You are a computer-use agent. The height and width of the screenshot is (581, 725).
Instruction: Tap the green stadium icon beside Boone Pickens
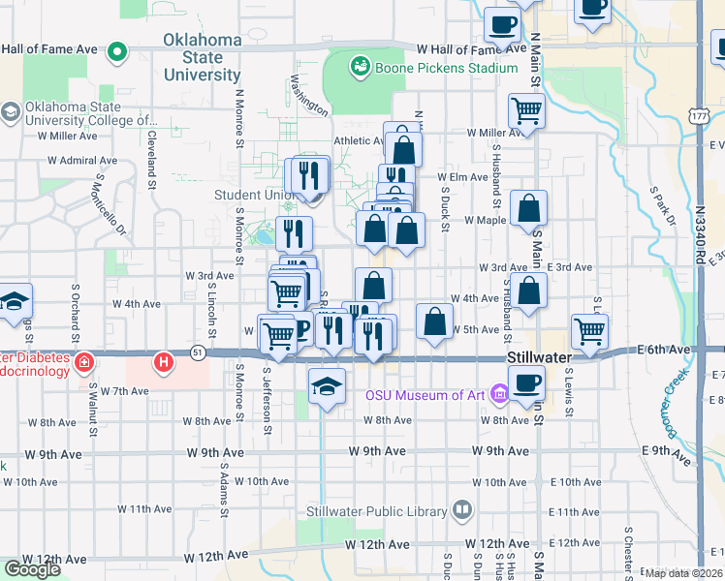[360, 66]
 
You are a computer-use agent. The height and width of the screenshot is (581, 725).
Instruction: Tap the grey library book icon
[462, 510]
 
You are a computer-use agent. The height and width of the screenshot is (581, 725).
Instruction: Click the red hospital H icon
[164, 364]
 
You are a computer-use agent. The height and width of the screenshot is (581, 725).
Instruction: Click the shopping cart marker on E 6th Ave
[589, 331]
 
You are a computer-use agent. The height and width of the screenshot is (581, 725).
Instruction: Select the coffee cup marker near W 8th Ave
[526, 384]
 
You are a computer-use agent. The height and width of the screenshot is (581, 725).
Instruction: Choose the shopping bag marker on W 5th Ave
[435, 321]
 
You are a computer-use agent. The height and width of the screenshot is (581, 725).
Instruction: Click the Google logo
[32, 568]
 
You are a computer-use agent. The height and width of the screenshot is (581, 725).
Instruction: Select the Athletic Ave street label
[359, 139]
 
